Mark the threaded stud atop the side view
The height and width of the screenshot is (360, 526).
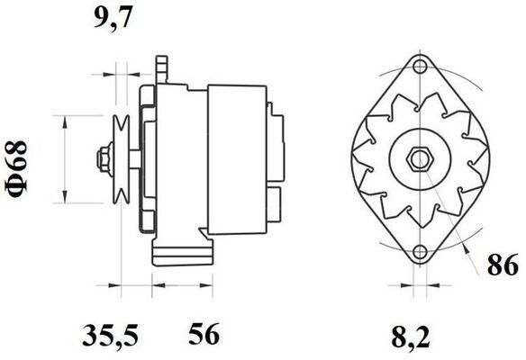click(x=163, y=67)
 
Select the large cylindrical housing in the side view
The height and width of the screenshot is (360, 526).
click(x=236, y=159)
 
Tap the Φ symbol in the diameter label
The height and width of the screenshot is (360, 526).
click(x=19, y=186)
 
